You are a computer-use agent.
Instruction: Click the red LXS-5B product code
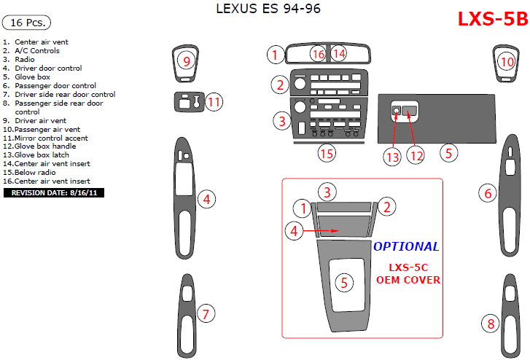coord(493,19)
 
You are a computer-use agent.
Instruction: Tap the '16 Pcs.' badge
coord(26,23)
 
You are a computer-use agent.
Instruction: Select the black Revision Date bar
coord(54,192)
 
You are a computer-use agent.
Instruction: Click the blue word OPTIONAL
coord(406,246)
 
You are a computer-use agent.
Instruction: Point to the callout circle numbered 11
coord(214,102)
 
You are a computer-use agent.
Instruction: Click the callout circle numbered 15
coord(327,154)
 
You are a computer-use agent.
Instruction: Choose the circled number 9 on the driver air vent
coord(186,61)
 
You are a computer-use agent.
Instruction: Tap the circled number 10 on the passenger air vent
coord(507,62)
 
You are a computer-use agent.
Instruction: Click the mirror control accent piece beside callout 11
coord(190,101)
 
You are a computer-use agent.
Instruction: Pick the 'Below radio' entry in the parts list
coord(29,173)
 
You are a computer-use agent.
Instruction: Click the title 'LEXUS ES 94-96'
coord(268,9)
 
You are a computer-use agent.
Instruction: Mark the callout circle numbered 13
coord(392,157)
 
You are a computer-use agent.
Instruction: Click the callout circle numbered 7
coord(206,313)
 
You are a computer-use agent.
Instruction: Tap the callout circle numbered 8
coord(491,324)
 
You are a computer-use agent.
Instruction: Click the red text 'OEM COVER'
coord(408,280)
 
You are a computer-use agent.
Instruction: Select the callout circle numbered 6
coord(488,193)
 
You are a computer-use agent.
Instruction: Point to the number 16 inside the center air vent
coord(319,54)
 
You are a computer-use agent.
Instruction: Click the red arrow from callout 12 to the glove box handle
coord(412,130)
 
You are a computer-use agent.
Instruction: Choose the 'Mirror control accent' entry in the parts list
coord(45,138)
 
